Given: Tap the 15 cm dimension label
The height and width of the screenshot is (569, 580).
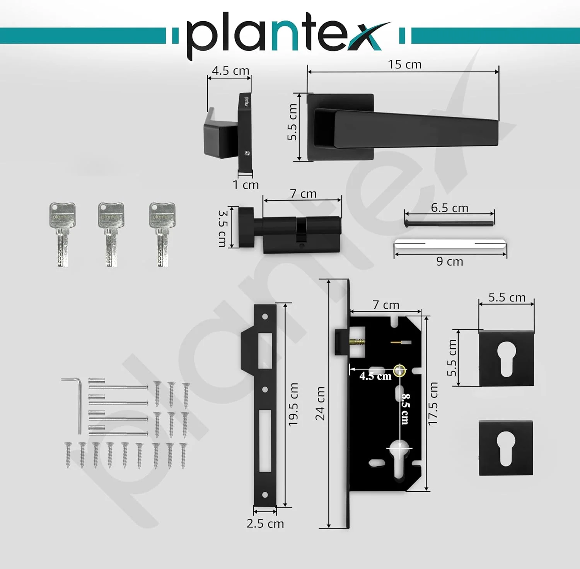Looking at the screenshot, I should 404,64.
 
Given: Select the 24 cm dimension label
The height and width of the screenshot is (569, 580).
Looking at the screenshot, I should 320,403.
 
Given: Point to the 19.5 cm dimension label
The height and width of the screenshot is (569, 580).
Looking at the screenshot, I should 293,404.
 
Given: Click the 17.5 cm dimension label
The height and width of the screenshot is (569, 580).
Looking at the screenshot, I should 433,404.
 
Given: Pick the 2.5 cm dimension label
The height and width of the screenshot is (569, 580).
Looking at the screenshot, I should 265,523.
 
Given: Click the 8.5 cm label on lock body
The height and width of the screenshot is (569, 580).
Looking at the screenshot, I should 405,409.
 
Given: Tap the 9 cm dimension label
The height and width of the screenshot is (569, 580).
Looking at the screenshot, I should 449,262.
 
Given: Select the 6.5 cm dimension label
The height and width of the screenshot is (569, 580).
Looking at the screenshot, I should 449,208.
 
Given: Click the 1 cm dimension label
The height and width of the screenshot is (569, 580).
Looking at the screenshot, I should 246,185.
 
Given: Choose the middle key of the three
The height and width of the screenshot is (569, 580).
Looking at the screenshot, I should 111,234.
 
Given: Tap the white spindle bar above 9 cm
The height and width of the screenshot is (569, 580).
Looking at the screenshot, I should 450,244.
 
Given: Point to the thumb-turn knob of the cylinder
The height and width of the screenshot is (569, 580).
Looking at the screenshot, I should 246,227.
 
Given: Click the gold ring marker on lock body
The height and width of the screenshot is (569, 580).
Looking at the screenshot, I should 399,371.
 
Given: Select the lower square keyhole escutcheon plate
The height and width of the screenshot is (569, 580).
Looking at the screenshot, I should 506,448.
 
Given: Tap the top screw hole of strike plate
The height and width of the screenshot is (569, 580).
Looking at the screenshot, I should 265,317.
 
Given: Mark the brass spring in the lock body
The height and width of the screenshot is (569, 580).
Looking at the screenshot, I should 357,343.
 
